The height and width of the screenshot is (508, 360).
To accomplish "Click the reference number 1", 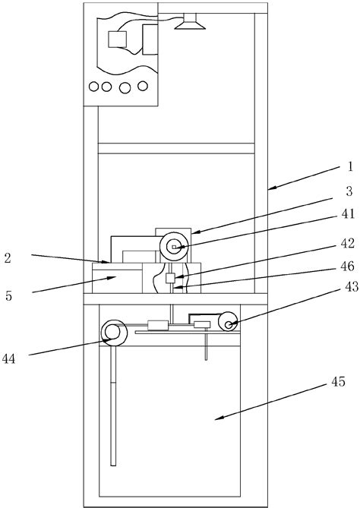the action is pyautogui.click(x=349, y=166).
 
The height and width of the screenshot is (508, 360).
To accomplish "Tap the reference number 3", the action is pyautogui.click(x=349, y=191).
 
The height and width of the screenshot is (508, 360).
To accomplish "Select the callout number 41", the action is pyautogui.click(x=348, y=214).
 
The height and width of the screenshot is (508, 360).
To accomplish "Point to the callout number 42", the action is pyautogui.click(x=348, y=243).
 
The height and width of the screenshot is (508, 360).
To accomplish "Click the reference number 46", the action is pyautogui.click(x=348, y=267).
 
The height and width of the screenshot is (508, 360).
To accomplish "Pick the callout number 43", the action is pyautogui.click(x=352, y=287).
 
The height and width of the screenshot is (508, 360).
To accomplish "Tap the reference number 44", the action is pyautogui.click(x=9, y=359).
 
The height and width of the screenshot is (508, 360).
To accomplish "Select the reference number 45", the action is pyautogui.click(x=338, y=382).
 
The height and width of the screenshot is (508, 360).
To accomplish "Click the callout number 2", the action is pyautogui.click(x=8, y=258).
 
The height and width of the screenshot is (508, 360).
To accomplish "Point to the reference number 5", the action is pyautogui.click(x=9, y=296).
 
